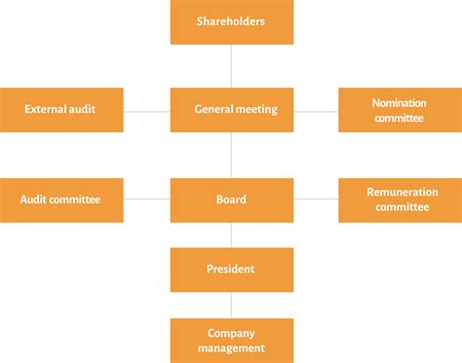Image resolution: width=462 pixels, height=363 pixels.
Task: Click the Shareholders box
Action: pyautogui.click(x=231, y=21)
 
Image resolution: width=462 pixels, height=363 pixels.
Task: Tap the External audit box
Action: pyautogui.click(x=61, y=110)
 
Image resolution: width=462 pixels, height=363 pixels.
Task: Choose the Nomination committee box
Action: pyautogui.click(x=400, y=110)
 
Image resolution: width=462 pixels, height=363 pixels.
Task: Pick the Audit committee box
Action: pyautogui.click(x=61, y=200)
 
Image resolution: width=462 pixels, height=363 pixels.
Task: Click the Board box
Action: pyautogui.click(x=231, y=200)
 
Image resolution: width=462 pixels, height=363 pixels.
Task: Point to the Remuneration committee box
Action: pyautogui.click(x=400, y=200)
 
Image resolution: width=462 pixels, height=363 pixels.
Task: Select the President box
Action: pyautogui.click(x=231, y=270)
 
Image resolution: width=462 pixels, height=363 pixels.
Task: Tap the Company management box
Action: pyautogui.click(x=231, y=340)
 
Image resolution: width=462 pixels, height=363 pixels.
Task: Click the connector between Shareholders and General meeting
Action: pyautogui.click(x=231, y=66)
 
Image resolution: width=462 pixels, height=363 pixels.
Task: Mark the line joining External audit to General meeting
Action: pyautogui.click(x=147, y=111)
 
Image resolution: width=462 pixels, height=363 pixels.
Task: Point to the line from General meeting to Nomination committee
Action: pyautogui.click(x=316, y=111)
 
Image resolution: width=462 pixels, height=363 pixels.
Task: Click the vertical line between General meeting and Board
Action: pyautogui.click(x=231, y=156)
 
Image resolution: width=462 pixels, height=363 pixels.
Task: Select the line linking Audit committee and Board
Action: pyautogui.click(x=147, y=200)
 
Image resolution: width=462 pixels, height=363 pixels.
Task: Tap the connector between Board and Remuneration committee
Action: pyautogui.click(x=316, y=200)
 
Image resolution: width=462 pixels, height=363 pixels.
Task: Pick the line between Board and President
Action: pyautogui.click(x=231, y=235)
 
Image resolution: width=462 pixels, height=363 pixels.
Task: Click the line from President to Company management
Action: pyautogui.click(x=231, y=305)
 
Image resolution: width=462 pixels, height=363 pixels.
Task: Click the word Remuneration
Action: pyautogui.click(x=402, y=193)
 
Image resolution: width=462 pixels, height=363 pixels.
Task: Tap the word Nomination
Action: pyautogui.click(x=399, y=103)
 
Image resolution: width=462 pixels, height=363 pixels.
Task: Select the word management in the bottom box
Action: pyautogui.click(x=231, y=347)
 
